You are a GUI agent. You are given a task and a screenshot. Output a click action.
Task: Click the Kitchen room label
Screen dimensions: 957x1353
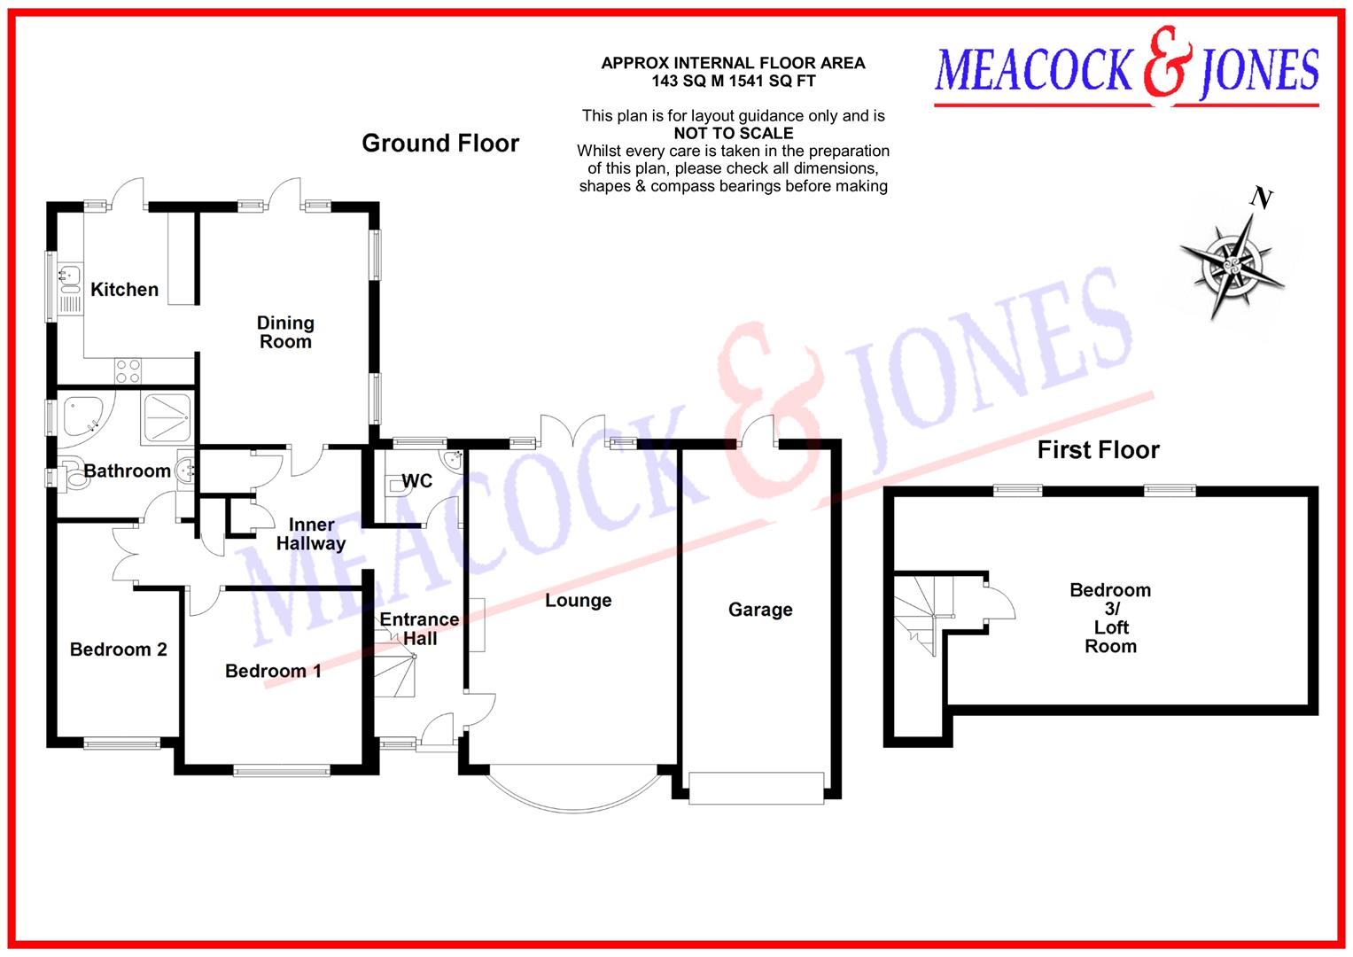pos(124,290)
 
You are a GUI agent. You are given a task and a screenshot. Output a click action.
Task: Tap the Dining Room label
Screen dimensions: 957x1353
pos(285,332)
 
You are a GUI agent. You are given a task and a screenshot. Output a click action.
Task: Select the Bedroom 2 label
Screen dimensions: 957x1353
pos(118,650)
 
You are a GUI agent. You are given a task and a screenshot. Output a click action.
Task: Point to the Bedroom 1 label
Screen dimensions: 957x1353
pos(273,671)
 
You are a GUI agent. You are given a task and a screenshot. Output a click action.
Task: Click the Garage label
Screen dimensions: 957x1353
pos(760,610)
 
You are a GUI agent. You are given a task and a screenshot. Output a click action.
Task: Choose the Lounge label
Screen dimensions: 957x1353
pos(578,601)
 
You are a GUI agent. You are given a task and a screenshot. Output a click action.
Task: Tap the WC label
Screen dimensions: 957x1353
pos(417,480)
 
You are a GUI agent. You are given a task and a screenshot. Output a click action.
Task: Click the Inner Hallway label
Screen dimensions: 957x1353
pos(311,534)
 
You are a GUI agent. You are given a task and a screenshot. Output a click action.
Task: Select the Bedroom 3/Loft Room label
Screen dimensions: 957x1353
pos(1110,618)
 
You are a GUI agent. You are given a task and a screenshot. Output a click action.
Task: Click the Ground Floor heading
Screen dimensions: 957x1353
pos(440,144)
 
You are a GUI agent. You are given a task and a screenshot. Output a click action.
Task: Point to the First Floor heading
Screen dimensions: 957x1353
pos(1098,450)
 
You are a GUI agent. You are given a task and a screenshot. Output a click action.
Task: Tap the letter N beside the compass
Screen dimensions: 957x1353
pos(1261,198)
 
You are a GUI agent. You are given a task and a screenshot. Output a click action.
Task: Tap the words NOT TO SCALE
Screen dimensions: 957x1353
pos(733,134)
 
